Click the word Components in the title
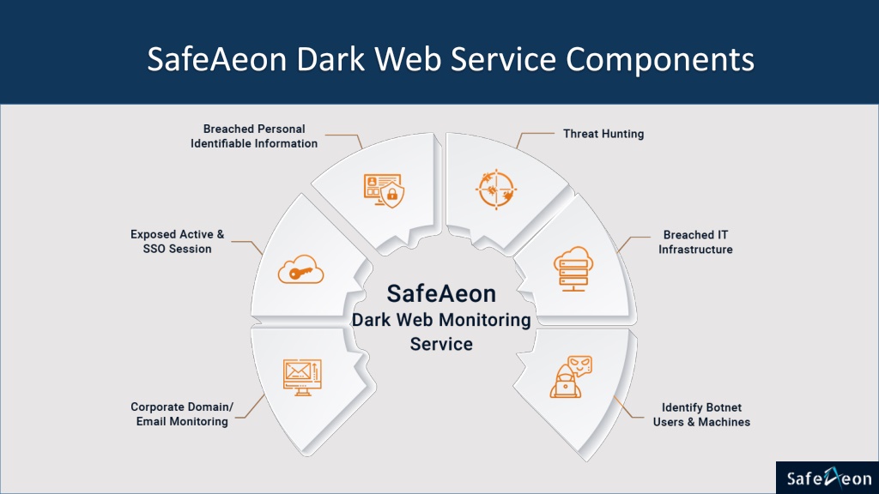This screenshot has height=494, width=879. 660,60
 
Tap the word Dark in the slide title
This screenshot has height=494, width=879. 330,59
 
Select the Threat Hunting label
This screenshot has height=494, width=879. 603,134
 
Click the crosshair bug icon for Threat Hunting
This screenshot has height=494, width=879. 495,190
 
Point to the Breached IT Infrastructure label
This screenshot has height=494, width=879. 695,242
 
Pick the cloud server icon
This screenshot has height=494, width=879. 573,268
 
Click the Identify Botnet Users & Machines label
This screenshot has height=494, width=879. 701,414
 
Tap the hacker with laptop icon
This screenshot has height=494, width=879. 570,377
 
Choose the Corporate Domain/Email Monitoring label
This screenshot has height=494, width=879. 182,414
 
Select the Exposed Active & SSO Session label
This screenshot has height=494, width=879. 177,241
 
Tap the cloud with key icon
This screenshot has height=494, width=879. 301,269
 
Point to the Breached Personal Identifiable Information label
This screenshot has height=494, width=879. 254,136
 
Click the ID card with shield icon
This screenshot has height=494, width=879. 384,190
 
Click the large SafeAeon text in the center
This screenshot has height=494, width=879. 441,293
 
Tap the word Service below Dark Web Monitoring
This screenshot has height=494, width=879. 441,344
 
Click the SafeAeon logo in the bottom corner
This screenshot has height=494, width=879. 827,478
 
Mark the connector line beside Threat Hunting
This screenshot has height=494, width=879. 533,137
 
